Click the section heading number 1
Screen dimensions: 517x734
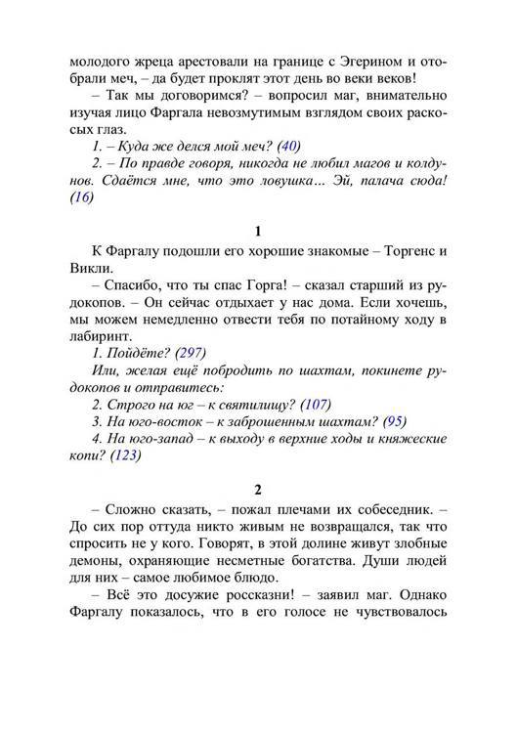(258, 232)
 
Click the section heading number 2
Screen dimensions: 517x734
(258, 490)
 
